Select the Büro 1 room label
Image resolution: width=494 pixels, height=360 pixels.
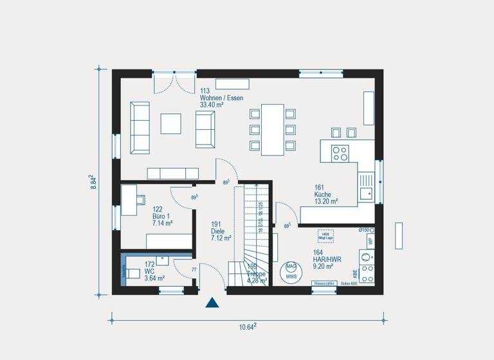pyautogui.click(x=162, y=217)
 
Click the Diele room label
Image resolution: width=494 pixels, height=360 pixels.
pyautogui.click(x=221, y=231)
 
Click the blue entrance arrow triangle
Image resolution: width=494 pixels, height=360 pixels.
pyautogui.click(x=212, y=303)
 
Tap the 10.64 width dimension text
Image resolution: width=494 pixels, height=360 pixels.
pyautogui.click(x=248, y=327)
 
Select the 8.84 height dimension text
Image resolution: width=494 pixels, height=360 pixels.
pyautogui.click(x=93, y=183)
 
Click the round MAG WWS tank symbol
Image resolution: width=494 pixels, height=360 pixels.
pyautogui.click(x=291, y=271)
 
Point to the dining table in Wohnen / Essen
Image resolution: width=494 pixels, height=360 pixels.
pyautogui.click(x=272, y=130)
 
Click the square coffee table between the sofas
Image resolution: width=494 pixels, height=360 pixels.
pyautogui.click(x=171, y=123)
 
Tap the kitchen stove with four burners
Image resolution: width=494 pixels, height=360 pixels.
pyautogui.click(x=340, y=153)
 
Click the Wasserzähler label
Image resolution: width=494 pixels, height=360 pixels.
pyautogui.click(x=324, y=283)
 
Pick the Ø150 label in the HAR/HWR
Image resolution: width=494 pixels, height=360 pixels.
pyautogui.click(x=366, y=230)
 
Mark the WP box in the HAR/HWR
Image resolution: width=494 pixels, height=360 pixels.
pyautogui.click(x=370, y=241)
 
